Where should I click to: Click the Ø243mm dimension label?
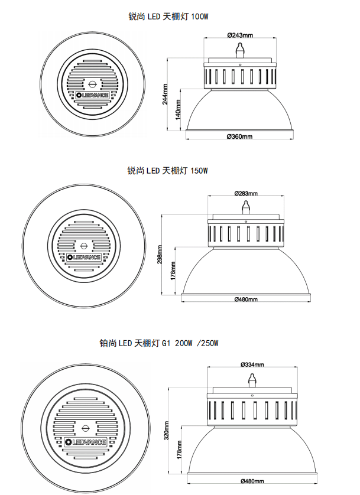[240, 35]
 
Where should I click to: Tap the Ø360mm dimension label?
[239, 136]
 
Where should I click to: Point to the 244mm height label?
[165, 94]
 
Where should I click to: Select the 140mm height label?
[178, 109]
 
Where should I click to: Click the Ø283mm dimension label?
[246, 193]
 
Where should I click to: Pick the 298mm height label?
[160, 255]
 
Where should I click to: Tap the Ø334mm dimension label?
[252, 364]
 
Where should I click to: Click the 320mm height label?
[167, 430]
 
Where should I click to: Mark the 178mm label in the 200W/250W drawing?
[179, 450]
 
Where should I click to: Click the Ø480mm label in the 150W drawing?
[246, 299]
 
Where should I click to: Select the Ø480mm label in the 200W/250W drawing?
[252, 481]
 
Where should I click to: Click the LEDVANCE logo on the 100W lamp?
[93, 95]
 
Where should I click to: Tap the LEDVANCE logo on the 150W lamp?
[84, 258]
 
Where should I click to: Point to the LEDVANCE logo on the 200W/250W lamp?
[85, 442]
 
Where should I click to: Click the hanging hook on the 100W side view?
[240, 50]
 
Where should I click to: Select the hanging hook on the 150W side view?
[246, 208]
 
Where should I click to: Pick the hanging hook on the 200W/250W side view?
[252, 380]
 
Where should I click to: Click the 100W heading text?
[168, 17]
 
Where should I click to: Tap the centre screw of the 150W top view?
[84, 246]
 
